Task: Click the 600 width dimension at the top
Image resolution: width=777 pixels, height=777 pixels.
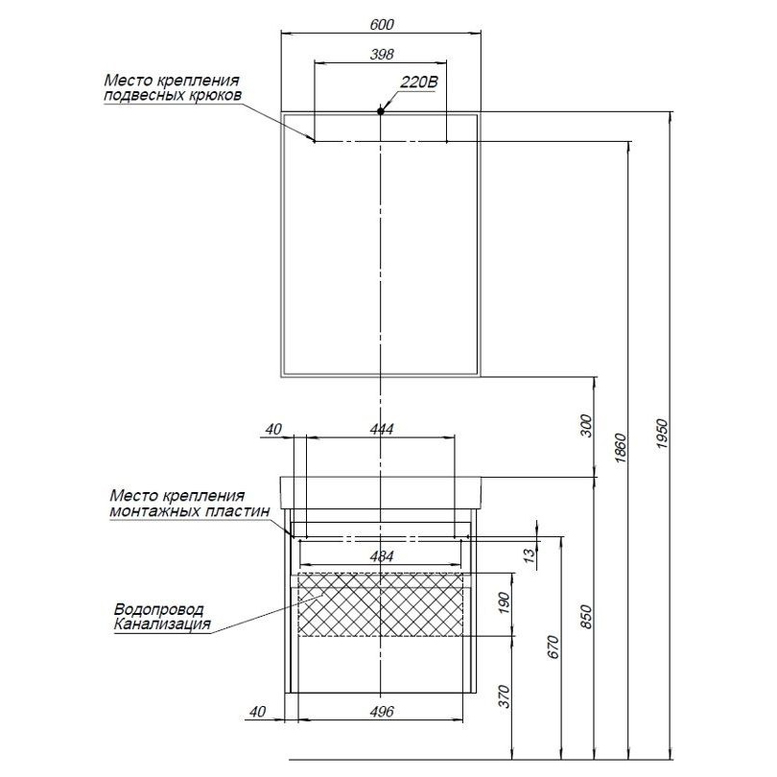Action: (382, 23)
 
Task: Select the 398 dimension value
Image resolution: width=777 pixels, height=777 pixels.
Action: (382, 55)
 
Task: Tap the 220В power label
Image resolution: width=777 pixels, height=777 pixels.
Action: (418, 83)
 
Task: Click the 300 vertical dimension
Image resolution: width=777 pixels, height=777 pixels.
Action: (587, 424)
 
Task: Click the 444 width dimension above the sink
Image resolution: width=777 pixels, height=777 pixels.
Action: (382, 429)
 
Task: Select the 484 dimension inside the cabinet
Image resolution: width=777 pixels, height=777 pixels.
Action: (382, 555)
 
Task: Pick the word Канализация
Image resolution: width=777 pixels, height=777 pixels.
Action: (161, 624)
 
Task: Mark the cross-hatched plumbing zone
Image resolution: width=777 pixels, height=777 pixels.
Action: (382, 603)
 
